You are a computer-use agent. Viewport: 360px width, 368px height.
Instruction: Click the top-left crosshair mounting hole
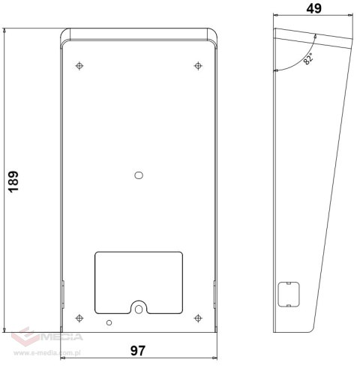click(79, 66)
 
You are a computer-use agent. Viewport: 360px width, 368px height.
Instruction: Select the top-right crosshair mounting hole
click(197, 66)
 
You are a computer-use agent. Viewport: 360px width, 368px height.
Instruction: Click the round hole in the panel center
click(138, 175)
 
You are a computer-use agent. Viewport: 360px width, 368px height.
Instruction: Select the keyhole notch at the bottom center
click(138, 308)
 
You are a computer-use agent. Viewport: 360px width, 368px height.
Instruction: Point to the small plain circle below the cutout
click(110, 322)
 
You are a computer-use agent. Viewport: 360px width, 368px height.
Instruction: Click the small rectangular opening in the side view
click(287, 293)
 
